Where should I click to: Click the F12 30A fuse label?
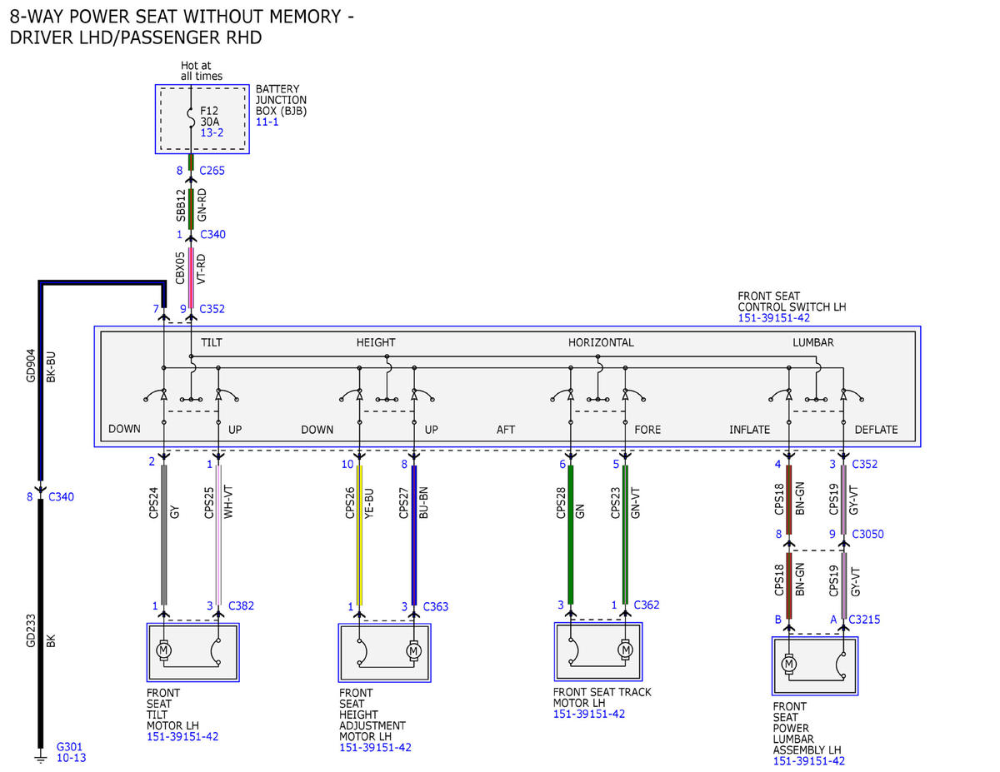point(209,117)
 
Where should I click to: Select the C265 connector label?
point(212,171)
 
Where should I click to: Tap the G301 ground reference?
point(69,747)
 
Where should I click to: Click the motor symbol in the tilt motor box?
point(163,650)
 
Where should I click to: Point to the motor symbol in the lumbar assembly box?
point(789,664)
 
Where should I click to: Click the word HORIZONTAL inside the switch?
point(601,342)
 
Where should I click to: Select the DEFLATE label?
point(876,430)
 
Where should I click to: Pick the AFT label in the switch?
point(505,430)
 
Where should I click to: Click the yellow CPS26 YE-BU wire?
point(359,535)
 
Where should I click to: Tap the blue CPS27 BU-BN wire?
point(414,535)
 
